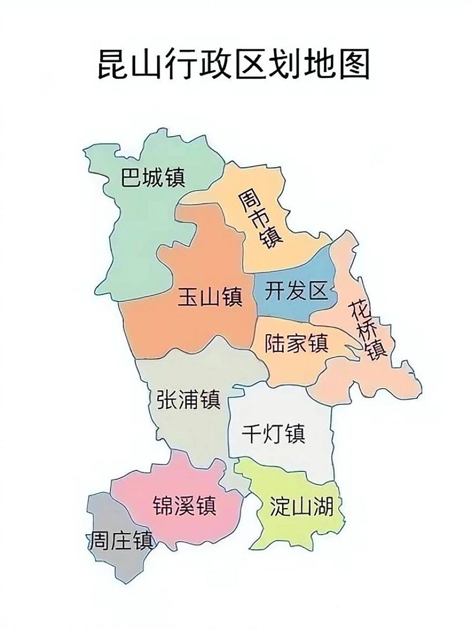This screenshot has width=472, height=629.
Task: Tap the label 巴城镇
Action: click(153, 177)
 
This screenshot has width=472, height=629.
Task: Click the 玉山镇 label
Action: click(210, 298)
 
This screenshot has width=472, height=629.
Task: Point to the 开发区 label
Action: click(296, 291)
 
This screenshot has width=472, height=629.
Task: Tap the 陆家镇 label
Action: click(296, 343)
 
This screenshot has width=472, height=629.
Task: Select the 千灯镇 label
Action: click(274, 433)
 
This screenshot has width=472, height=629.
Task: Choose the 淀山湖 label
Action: click(301, 506)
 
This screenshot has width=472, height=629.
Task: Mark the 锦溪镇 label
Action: click(184, 505)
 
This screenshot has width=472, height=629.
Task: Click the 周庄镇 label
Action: click(120, 542)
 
